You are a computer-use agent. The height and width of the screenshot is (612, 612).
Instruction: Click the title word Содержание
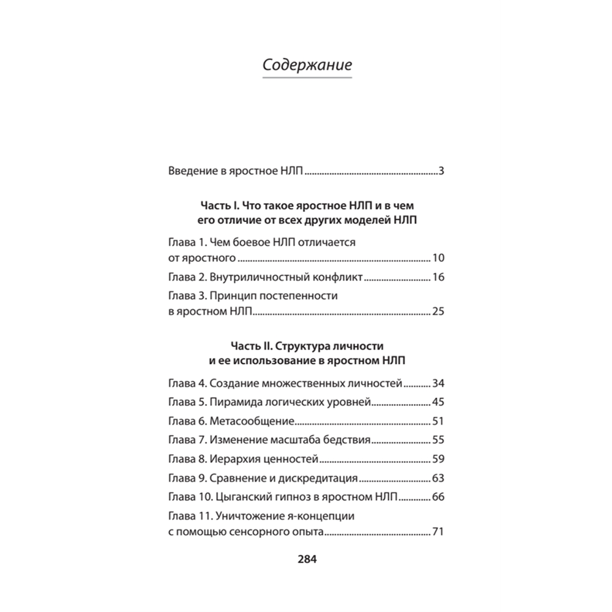point(307,65)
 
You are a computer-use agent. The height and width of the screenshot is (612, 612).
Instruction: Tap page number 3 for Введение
point(441,171)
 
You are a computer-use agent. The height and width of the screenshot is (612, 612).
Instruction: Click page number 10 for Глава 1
point(438,257)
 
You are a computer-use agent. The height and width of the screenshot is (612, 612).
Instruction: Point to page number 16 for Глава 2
point(438,278)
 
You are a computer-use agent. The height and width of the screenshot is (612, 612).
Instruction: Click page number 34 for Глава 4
point(438,384)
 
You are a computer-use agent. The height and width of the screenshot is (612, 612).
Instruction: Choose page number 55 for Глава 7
point(438,440)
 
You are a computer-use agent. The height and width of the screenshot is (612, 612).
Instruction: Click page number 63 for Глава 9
point(438,478)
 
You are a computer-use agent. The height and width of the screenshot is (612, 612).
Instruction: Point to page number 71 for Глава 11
point(438,532)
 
